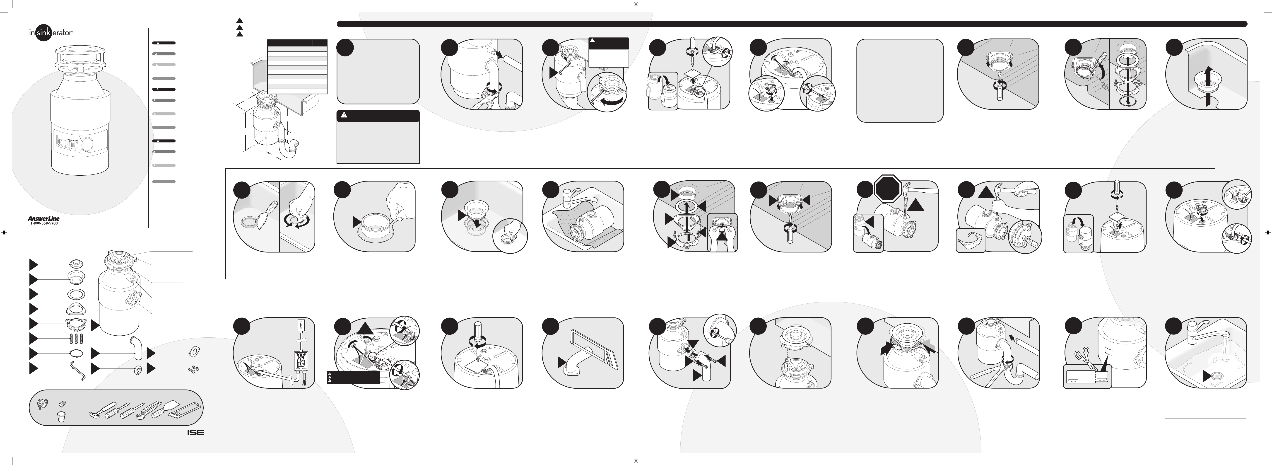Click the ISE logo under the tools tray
point(195,432)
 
